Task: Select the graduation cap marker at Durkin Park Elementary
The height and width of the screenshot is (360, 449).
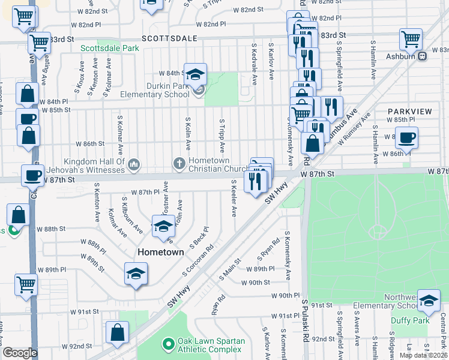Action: [x=195, y=75]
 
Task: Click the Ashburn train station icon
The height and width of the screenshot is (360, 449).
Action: [x=423, y=56]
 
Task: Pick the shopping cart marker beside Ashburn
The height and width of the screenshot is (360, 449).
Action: [x=411, y=40]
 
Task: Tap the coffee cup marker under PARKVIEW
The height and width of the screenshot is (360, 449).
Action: [x=406, y=138]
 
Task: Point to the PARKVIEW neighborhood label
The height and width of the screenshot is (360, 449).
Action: [x=409, y=112]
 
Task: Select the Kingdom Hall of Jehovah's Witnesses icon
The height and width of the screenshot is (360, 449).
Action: [x=134, y=163]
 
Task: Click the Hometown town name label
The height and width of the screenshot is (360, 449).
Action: [x=161, y=252]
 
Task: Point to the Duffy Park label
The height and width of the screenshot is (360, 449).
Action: [x=410, y=321]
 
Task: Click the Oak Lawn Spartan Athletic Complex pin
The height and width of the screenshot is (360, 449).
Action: [x=168, y=345]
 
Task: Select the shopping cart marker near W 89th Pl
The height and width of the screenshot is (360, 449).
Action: [x=26, y=286]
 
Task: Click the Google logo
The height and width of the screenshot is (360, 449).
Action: [x=20, y=353]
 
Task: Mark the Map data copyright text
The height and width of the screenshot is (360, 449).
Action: [x=423, y=355]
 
